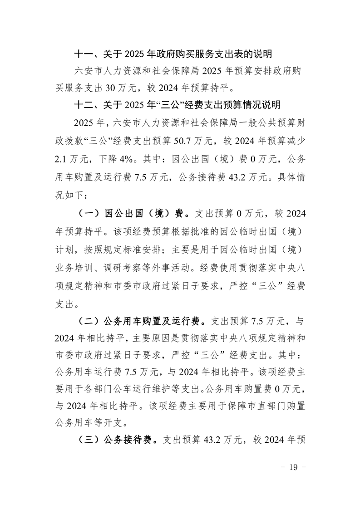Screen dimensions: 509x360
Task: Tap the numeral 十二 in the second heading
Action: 84,105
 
